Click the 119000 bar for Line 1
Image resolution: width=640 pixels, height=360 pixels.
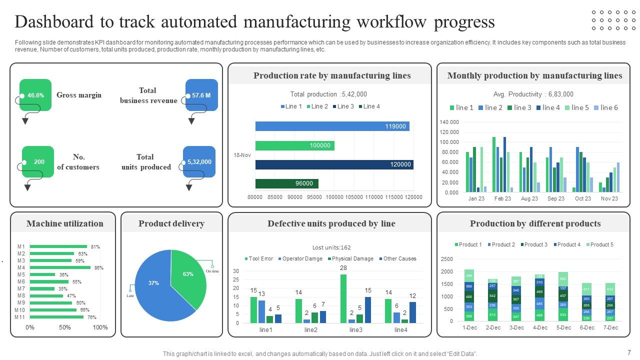pyautogui.click(x=332, y=126)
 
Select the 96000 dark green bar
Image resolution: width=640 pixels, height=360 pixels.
pyautogui.click(x=286, y=183)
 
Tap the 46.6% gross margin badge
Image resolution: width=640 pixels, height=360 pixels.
pyautogui.click(x=35, y=95)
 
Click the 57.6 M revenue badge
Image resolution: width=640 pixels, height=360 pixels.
pyautogui.click(x=201, y=95)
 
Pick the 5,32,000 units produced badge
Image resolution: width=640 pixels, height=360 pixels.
pyautogui.click(x=199, y=161)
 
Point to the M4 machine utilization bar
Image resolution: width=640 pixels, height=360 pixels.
pyautogui.click(x=60, y=267)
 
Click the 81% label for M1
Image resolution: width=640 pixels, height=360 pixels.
pyautogui.click(x=95, y=246)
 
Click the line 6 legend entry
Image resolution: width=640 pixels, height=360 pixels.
pyautogui.click(x=606, y=107)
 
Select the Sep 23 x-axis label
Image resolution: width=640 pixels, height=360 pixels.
pyautogui.click(x=555, y=198)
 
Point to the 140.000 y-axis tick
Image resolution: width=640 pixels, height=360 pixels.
pyautogui.click(x=449, y=122)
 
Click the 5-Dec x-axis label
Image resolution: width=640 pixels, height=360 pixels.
pyautogui.click(x=563, y=327)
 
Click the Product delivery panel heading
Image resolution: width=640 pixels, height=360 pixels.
pyautogui.click(x=171, y=223)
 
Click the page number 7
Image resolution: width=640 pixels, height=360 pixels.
pyautogui.click(x=629, y=352)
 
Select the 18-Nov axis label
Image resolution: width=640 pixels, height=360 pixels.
pyautogui.click(x=242, y=155)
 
